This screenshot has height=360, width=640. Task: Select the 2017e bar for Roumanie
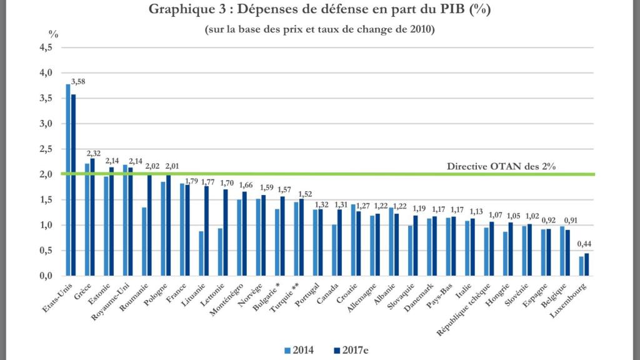(x=149, y=226)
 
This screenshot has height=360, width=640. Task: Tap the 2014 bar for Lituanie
(x=201, y=253)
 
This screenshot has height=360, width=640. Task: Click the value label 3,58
(x=78, y=81)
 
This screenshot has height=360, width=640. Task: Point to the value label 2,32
(x=94, y=153)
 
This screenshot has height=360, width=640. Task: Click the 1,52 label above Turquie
(x=306, y=194)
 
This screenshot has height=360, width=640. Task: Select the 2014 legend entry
(x=300, y=350)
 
